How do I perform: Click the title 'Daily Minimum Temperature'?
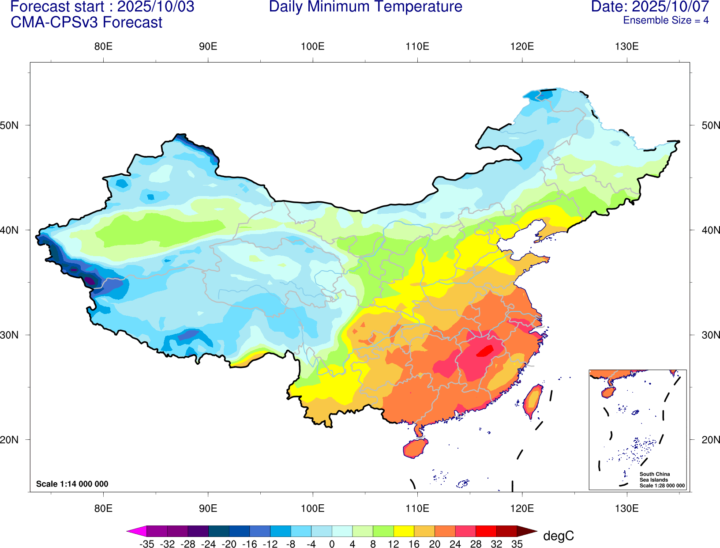[x=365, y=7]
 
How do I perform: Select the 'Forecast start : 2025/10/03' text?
[x=102, y=7]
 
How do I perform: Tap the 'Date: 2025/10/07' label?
[x=650, y=7]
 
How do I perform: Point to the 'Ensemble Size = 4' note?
[x=665, y=20]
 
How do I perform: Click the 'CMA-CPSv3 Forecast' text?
[x=86, y=23]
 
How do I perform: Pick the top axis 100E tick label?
[x=312, y=47]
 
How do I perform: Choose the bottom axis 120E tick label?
[x=522, y=508]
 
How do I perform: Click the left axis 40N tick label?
[x=10, y=230]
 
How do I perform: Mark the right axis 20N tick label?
[x=710, y=440]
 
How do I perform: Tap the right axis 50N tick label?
[x=710, y=125]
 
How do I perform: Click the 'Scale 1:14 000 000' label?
[x=72, y=484]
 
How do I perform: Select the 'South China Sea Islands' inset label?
[x=654, y=477]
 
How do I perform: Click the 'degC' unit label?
[x=558, y=536]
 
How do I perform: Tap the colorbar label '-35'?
[x=146, y=544]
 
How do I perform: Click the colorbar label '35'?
[x=517, y=544]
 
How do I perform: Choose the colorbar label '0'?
[x=332, y=544]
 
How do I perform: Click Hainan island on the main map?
[x=415, y=448]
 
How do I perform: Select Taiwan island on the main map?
[x=533, y=401]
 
